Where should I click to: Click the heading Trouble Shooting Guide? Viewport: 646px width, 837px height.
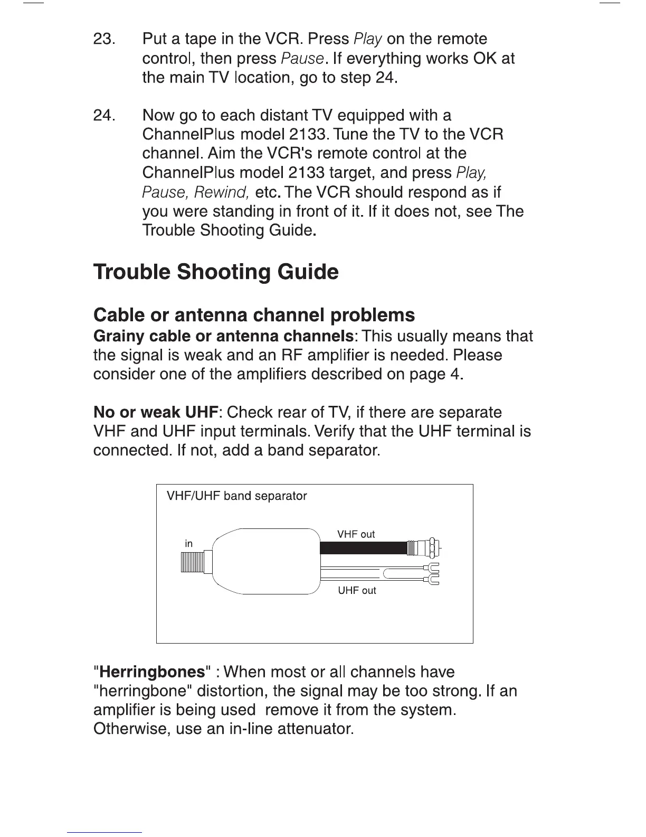[x=216, y=272]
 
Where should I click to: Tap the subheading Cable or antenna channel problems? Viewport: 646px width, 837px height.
[x=254, y=315]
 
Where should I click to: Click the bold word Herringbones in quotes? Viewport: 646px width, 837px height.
[x=152, y=672]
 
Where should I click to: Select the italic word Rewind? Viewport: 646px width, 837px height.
[x=222, y=192]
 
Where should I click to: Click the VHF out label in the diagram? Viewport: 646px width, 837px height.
[x=356, y=534]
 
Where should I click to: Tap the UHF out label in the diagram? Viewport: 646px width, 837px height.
[x=357, y=590]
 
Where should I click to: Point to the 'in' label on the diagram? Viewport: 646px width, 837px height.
[x=188, y=543]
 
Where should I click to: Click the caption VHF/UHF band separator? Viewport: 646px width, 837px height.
[x=236, y=496]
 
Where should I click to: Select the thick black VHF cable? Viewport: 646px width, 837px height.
[x=363, y=548]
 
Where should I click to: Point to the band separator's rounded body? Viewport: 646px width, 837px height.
[x=267, y=561]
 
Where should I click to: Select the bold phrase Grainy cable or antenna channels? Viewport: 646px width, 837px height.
[x=223, y=336]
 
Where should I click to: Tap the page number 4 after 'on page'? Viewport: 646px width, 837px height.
[x=455, y=374]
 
